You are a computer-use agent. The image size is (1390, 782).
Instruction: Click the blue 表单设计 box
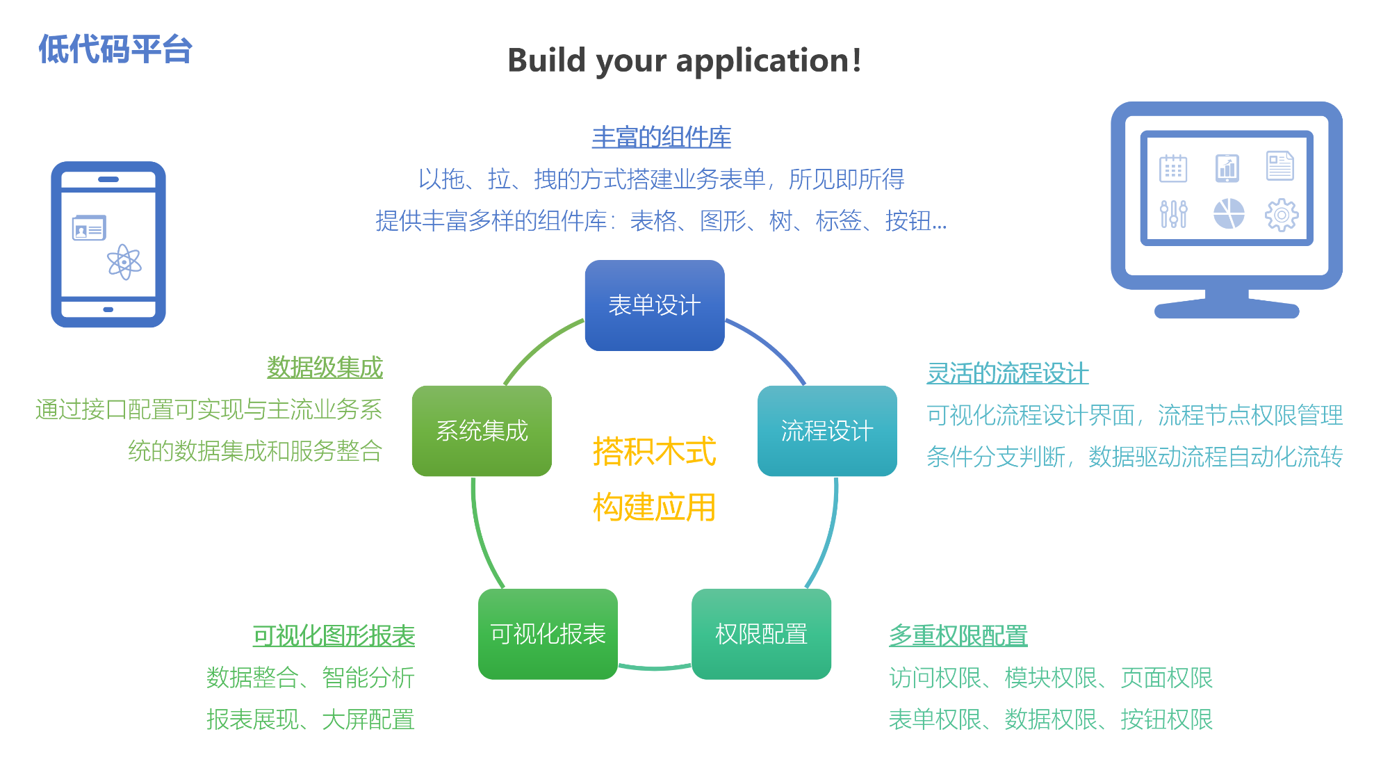point(655,305)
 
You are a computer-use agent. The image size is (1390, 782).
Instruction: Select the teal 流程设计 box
point(827,431)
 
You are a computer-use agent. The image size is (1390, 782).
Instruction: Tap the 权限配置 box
point(761,634)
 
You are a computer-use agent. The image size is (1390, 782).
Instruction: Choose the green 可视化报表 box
point(548,634)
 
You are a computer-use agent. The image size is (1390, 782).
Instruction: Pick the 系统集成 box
point(482,431)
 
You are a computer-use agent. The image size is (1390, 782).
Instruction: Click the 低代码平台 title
point(115,50)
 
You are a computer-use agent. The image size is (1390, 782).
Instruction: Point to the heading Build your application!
point(685,60)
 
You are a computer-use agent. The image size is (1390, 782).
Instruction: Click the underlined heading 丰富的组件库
point(661,137)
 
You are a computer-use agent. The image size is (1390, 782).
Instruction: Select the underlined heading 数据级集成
point(325,368)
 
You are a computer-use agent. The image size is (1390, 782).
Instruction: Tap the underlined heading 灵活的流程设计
point(1007,373)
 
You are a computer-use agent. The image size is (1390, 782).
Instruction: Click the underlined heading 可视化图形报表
point(334,635)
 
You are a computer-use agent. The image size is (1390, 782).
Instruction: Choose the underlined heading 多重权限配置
point(958,635)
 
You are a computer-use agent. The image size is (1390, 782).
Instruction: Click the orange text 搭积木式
point(654,452)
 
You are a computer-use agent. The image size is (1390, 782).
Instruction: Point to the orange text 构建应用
point(654,507)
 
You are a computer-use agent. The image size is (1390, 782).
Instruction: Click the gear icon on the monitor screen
point(1281,215)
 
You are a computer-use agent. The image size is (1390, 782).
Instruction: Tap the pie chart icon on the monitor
point(1228,214)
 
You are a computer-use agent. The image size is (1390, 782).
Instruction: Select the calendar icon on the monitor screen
point(1173,168)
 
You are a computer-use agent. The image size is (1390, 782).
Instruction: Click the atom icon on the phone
point(124,262)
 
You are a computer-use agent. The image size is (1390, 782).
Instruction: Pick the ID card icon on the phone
point(89,228)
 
